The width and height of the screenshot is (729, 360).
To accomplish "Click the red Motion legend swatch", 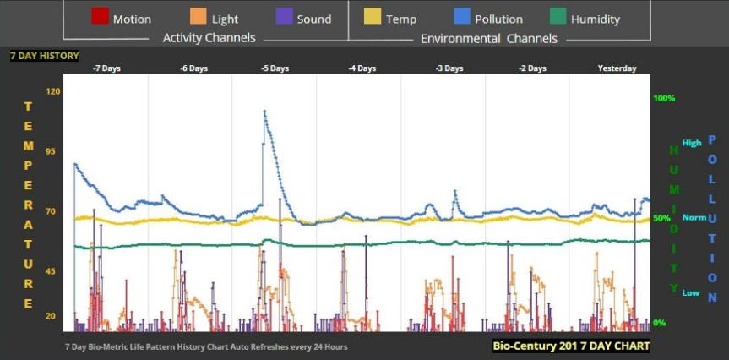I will point(99,17).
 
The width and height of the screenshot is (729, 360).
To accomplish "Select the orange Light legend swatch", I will point(198,17).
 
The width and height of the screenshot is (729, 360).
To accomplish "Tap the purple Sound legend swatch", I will point(284,17).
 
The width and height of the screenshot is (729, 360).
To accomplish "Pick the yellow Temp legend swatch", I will point(373,17).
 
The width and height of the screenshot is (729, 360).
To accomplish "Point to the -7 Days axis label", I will point(106,68).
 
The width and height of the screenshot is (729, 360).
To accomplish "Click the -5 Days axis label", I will point(276,68).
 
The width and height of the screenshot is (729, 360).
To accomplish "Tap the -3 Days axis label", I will point(449,68).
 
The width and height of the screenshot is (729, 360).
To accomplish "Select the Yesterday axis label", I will point(617,68).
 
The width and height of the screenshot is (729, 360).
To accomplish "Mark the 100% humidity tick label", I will point(664,98).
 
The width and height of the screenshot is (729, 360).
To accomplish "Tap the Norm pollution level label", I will point(694,217).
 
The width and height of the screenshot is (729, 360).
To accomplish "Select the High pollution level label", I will point(692,143).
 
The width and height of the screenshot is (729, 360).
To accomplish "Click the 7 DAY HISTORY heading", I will point(45,56).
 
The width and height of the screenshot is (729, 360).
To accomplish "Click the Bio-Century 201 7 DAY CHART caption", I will point(572,346).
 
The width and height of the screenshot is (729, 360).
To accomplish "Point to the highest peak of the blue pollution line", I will point(264,111).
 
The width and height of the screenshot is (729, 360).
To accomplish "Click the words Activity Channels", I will point(209,38).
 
